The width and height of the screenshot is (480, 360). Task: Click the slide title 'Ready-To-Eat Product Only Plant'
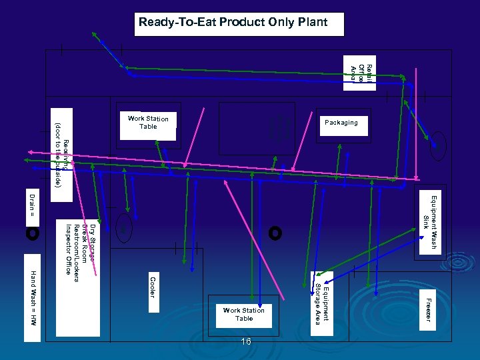click(x=233, y=23)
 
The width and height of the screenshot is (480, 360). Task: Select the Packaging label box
click(x=341, y=123)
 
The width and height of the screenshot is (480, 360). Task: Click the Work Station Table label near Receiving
click(x=148, y=123)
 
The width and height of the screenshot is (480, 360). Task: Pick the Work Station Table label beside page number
click(x=243, y=314)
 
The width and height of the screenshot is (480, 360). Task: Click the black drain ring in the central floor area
click(x=275, y=233)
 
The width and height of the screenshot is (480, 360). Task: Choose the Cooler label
click(x=153, y=287)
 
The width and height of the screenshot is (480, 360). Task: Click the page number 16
click(x=246, y=341)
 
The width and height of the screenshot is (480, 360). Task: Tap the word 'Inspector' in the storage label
click(x=68, y=241)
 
